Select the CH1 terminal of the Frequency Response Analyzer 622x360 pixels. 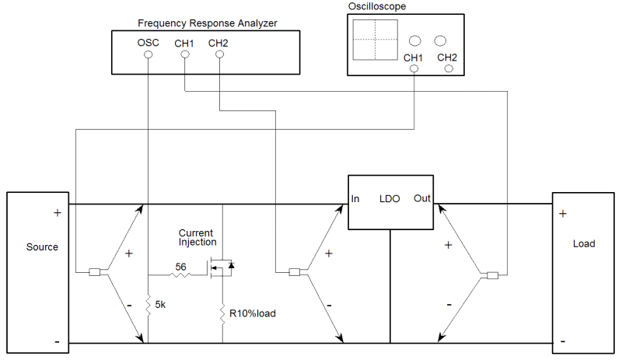(183, 55)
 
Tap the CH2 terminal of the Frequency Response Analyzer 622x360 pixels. (218, 55)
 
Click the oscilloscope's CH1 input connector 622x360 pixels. (413, 69)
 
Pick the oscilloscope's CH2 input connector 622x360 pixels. (448, 69)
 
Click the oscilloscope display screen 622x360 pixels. (374, 39)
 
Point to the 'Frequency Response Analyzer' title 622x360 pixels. (207, 23)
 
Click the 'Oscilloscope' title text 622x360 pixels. (378, 6)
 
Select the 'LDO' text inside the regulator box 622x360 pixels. (389, 199)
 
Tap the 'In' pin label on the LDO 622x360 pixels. (355, 199)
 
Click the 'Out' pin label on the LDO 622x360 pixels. (422, 199)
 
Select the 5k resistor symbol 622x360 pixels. (147, 306)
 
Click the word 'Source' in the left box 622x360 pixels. (42, 247)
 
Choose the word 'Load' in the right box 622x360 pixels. (584, 243)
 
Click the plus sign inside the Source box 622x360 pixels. (57, 212)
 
